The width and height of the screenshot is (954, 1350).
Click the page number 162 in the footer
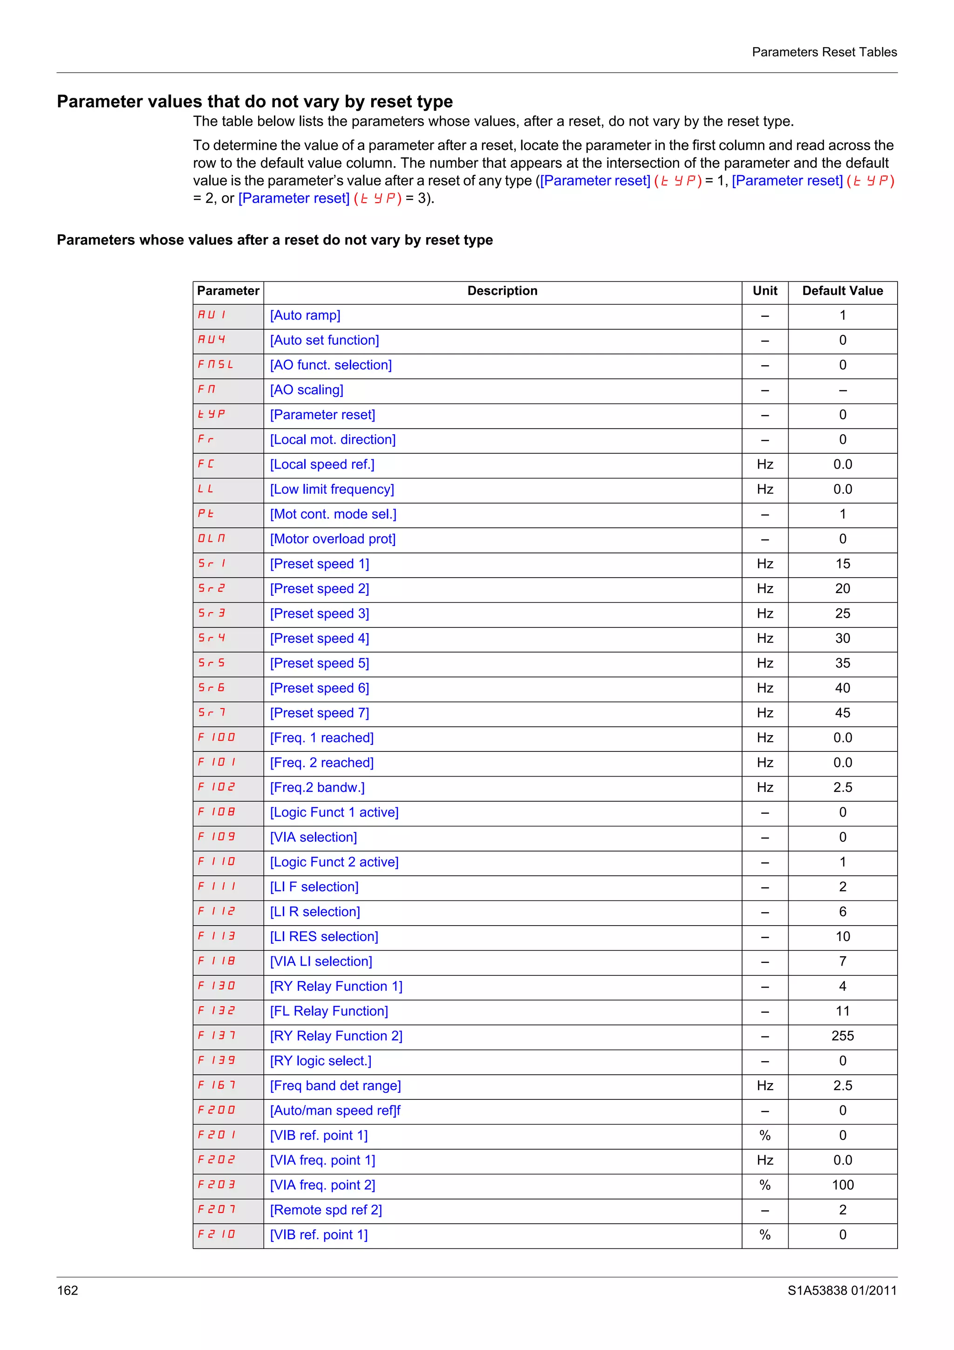68,1290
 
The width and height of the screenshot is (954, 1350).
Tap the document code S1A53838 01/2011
842,1290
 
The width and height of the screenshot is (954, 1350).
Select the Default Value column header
842,291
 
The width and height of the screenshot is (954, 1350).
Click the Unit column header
765,291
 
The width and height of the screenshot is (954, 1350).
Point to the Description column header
502,291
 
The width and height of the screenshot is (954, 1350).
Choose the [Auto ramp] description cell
305,316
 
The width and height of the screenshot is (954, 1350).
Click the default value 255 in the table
842,1036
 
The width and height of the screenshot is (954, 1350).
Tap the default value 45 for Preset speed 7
842,713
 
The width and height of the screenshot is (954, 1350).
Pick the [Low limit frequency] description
332,490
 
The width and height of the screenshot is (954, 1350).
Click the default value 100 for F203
842,1186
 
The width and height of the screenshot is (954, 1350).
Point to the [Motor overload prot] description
333,539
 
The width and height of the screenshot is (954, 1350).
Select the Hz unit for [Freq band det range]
765,1086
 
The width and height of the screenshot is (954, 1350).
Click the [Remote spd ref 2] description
326,1210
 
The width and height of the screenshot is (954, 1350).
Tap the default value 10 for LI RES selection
842,937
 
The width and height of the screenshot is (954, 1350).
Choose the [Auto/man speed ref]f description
335,1111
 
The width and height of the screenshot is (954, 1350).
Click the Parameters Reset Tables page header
824,52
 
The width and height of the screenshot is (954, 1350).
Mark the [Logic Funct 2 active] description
334,862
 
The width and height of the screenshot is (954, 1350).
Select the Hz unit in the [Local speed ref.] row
765,464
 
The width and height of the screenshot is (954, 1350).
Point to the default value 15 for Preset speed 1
842,564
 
